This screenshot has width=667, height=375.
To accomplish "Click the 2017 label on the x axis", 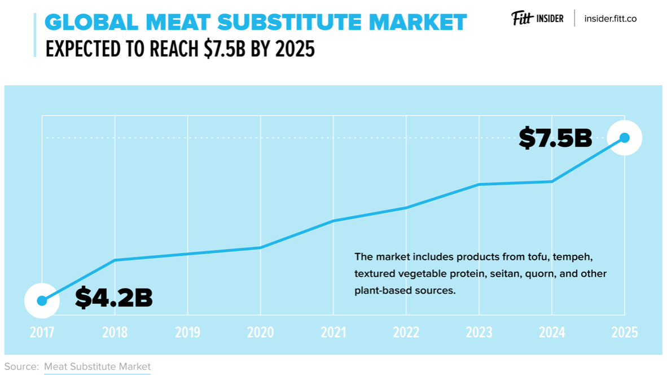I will pos(42,333).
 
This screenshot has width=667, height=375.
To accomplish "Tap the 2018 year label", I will pos(115,333).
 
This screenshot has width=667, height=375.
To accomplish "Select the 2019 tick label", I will pos(187,333).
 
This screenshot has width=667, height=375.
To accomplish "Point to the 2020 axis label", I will pos(260,333).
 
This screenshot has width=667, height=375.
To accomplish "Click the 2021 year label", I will pos(333,333).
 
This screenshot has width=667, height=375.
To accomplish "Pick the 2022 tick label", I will pos(406,333).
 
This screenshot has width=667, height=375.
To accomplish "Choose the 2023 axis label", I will pos(479,333).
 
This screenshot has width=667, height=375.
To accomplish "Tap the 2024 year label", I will pos(551,333).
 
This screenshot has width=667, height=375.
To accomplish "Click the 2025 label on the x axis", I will pos(624,333).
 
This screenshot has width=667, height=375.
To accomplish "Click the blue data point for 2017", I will pos(42,301).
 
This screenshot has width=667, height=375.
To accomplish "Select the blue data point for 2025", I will pos(625,137).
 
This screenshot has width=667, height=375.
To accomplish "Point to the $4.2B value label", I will pos(114,298).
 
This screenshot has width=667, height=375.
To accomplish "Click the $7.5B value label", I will pos(555,138).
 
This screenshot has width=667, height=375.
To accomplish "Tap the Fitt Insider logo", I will pos(537,18).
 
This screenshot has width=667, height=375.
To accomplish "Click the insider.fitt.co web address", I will pos(610,19).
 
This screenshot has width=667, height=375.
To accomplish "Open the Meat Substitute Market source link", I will pos(97,367).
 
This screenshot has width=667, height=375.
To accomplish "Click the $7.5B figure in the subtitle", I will pos(224,49).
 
